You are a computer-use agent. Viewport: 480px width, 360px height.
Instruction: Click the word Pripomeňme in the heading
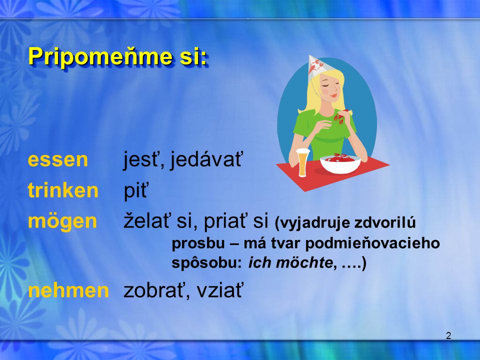[x=100, y=56]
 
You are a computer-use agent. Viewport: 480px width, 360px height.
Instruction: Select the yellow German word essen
[x=58, y=160]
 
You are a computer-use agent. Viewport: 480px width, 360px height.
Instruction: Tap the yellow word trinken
[x=63, y=190]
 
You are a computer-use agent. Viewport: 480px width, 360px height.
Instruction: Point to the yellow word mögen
[x=62, y=221]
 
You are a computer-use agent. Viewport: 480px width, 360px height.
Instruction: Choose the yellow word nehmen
[x=68, y=290]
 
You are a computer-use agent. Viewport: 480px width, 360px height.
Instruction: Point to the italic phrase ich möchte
[x=290, y=262]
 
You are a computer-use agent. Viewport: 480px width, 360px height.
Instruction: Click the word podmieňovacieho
[x=372, y=243]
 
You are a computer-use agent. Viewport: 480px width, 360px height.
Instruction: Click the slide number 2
[x=448, y=336]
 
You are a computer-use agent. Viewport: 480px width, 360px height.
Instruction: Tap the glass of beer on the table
[x=303, y=162]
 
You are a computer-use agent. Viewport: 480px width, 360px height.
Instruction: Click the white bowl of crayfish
[x=340, y=163]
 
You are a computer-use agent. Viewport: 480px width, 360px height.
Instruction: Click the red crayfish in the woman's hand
[x=341, y=116]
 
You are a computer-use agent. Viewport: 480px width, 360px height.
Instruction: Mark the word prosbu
[x=198, y=243]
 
